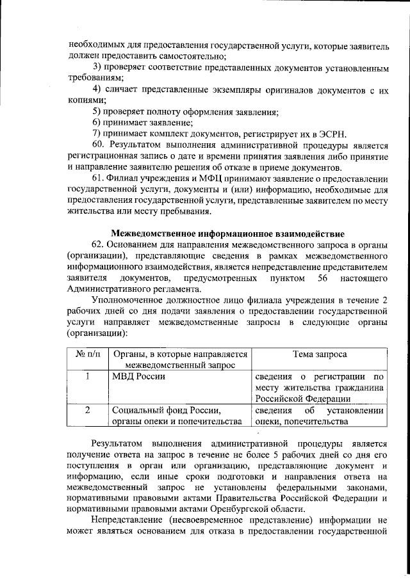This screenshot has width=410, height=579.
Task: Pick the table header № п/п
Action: coord(86,353)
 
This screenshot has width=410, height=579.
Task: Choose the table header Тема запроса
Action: coord(320,353)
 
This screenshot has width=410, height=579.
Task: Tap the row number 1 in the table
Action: coord(86,376)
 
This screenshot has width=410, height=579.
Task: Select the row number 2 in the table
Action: coord(86,410)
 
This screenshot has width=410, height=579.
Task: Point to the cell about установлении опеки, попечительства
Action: coord(318,416)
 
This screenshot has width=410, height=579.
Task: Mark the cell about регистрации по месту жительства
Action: coord(318,387)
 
